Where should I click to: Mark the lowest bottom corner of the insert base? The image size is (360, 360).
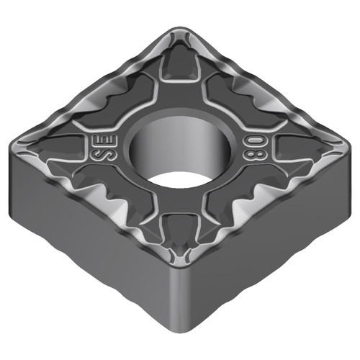click(178, 338)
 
